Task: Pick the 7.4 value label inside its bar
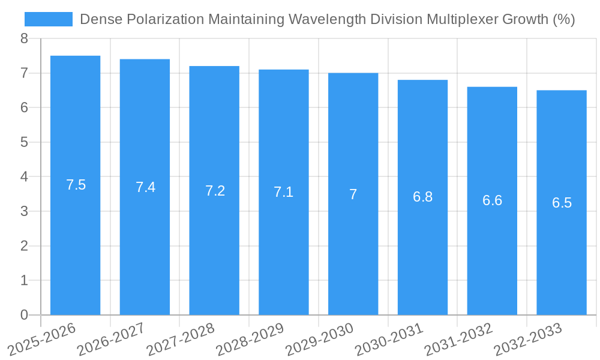[x=146, y=187]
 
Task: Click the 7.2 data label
[x=215, y=191]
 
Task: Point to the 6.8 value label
[x=423, y=197]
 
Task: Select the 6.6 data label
[x=492, y=200]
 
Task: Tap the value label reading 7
[x=353, y=194]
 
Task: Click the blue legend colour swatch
[x=48, y=19]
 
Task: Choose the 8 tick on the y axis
[x=24, y=39]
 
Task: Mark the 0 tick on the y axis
[x=24, y=315]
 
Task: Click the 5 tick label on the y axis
[x=24, y=142]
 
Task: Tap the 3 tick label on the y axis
[x=24, y=211]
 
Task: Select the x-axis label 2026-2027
[x=111, y=340]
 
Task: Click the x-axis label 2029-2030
[x=319, y=340]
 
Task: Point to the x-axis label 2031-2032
[x=458, y=340]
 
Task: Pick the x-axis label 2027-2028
[x=181, y=340]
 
